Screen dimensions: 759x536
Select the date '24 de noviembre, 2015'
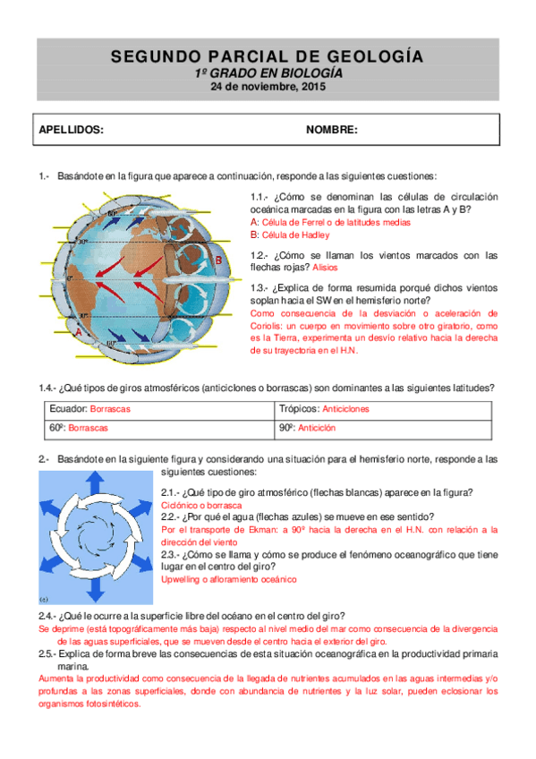pos(268,88)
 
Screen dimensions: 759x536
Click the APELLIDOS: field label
pos(72,130)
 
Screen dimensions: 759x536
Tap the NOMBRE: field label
pos(332,130)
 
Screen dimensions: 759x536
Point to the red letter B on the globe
pos(217,260)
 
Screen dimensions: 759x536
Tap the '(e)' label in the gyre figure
pos(44,600)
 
